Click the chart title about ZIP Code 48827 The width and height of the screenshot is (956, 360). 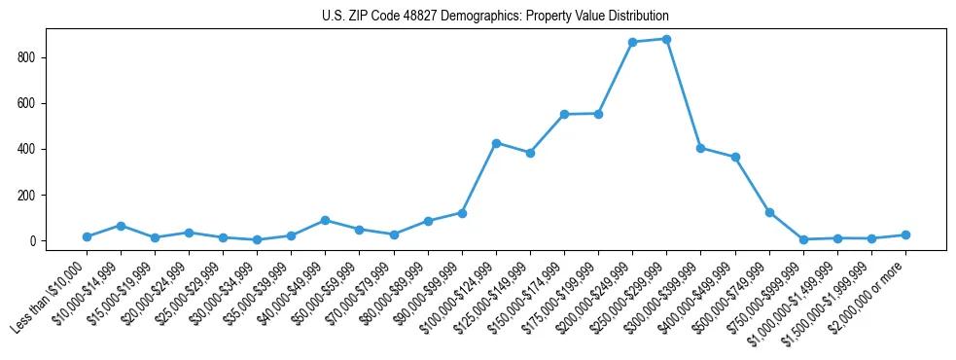[495, 17]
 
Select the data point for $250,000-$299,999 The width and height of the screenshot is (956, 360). [666, 39]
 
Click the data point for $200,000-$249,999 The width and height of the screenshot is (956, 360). [632, 42]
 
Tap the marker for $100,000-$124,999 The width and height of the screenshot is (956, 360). [496, 143]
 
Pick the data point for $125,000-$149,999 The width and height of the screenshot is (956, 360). [530, 153]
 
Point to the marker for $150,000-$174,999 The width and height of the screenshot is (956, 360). [564, 114]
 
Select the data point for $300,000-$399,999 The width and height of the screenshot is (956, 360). [700, 148]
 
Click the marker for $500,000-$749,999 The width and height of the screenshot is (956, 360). [769, 212]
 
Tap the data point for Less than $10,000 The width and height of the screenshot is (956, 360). [87, 236]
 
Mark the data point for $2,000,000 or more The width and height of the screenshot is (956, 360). [905, 234]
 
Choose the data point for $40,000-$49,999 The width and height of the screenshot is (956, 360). [325, 220]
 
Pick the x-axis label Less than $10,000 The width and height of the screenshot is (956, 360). [49, 296]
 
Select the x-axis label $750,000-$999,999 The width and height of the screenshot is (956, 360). [763, 296]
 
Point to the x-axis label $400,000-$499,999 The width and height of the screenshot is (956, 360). [696, 296]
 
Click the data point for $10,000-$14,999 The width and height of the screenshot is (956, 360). [121, 226]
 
